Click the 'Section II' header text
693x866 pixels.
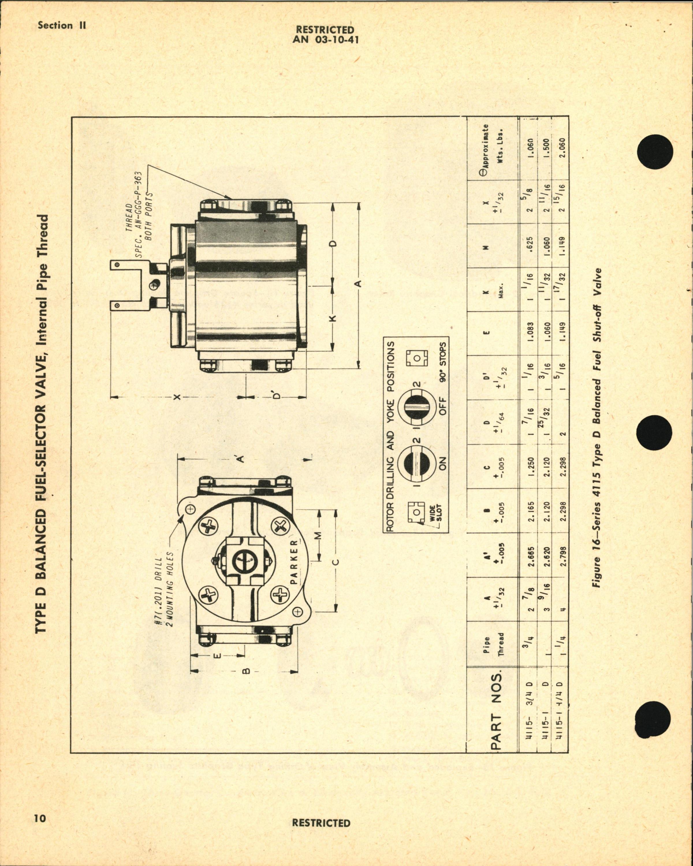(x=61, y=25)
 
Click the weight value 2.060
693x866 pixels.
(x=562, y=148)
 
